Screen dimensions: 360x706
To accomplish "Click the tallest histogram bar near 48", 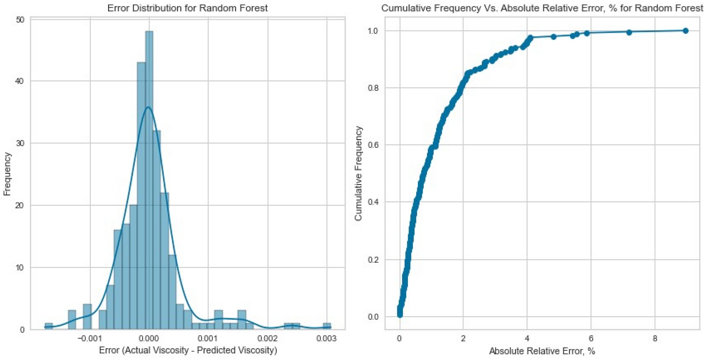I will tap(149, 179).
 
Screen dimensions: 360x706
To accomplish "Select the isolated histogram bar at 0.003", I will tap(327, 326).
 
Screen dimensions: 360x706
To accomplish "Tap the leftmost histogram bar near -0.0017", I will tap(49, 326).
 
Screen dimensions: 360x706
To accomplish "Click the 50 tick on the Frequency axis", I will tap(20, 20).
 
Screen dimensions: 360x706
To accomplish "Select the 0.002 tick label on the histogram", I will tap(268, 339).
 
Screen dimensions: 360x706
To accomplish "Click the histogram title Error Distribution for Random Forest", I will tap(187, 8).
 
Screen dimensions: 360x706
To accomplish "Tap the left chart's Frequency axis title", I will tap(7, 174).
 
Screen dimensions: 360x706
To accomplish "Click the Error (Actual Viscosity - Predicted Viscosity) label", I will tap(188, 350).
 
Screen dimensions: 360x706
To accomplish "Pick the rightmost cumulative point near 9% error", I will tap(685, 31).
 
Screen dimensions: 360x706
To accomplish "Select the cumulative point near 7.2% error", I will tap(629, 32).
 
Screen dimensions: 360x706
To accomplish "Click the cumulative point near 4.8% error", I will tap(553, 37).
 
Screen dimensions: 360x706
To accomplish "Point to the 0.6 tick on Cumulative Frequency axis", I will tap(373, 145).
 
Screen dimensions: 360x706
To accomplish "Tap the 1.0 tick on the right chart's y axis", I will tap(373, 31).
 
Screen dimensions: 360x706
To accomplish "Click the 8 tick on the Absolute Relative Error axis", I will tap(655, 339).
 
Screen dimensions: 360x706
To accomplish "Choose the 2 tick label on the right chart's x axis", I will tap(463, 339).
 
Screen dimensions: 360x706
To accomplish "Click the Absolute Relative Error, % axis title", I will tap(542, 351).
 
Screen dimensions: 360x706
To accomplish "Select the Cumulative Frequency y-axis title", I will tap(358, 174).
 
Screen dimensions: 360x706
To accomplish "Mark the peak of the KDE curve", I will tap(148, 107).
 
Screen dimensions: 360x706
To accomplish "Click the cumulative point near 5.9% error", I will tap(586, 33).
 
